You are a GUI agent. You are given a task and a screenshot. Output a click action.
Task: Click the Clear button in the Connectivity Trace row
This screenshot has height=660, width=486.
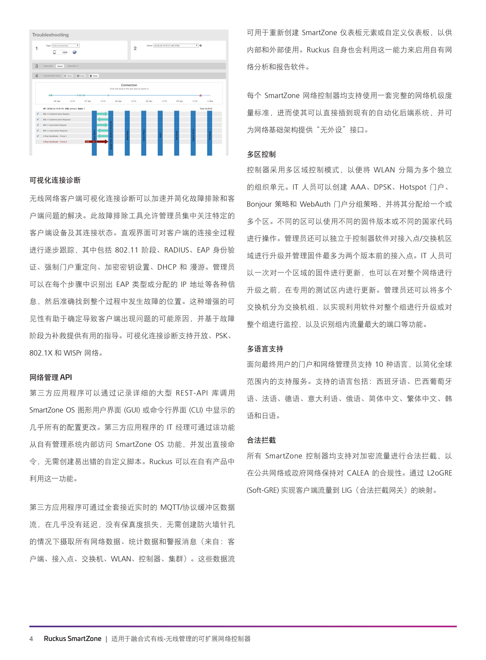coord(94,76)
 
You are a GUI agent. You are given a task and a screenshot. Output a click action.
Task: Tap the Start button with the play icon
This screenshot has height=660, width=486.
coord(68,76)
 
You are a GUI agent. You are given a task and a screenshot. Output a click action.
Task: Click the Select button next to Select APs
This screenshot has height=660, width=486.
coord(60,66)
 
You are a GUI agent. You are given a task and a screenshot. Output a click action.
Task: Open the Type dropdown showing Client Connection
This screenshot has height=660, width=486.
coord(66,46)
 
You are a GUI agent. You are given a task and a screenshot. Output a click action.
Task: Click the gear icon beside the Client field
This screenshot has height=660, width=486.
coord(201,46)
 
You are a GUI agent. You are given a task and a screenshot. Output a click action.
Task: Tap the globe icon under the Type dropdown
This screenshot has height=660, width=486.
coord(74,52)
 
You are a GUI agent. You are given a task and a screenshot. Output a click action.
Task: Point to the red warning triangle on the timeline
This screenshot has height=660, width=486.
coord(201,95)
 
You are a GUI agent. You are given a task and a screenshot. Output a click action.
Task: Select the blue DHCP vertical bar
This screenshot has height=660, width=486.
coord(160,133)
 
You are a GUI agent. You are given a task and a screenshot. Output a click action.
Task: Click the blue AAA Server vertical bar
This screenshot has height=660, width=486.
coord(177,133)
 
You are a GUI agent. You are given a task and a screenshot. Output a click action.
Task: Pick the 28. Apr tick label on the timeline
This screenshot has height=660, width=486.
coord(118,101)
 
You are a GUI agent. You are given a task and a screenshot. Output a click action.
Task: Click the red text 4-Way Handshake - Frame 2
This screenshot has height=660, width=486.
coord(55,142)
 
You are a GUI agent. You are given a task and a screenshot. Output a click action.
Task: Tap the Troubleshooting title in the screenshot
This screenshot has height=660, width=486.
coord(50,35)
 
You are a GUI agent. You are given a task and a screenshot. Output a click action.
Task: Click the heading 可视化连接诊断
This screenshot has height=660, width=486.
coord(55,180)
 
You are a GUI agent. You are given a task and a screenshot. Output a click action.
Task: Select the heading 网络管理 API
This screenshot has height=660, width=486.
coord(51,377)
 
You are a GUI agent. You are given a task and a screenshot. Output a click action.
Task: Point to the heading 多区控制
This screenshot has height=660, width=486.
coord(261,154)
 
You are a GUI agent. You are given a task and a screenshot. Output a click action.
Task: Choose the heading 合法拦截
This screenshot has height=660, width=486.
coord(261,440)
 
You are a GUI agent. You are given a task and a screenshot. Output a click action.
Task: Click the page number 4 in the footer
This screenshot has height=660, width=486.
coord(31,638)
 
